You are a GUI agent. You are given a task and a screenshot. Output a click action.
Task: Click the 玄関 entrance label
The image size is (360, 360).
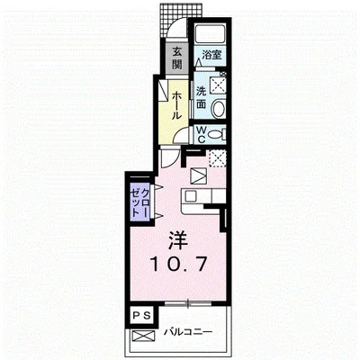click(x=177, y=58)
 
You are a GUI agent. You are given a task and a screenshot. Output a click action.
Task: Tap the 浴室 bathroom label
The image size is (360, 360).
click(x=211, y=55)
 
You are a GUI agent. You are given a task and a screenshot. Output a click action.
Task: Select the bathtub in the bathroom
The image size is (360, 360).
click(x=210, y=33)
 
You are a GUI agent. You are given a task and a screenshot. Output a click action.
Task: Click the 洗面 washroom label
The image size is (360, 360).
click(x=202, y=97)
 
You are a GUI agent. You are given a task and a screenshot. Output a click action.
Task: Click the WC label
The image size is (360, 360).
click(x=201, y=134)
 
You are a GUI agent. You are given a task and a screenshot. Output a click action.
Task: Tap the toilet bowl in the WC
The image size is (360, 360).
click(x=216, y=134)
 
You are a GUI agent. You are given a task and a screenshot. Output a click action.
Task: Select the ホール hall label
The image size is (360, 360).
click(x=176, y=105)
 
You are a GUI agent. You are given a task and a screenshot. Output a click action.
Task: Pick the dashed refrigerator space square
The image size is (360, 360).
click(x=217, y=158)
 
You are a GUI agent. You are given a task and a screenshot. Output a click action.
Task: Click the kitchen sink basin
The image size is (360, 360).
click(x=190, y=196)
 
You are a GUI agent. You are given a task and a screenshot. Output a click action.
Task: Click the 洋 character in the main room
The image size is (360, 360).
click(x=177, y=240)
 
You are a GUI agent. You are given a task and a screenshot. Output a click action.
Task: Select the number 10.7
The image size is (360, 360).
click(x=179, y=265)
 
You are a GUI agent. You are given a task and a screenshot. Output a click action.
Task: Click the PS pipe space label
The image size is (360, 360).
click(x=141, y=315)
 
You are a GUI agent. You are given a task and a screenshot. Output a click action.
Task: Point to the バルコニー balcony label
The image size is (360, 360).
click(x=188, y=332)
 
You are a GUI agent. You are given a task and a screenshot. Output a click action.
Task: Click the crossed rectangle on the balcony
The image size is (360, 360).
click(x=143, y=336)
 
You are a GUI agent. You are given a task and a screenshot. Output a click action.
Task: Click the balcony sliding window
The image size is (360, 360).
click(x=188, y=303)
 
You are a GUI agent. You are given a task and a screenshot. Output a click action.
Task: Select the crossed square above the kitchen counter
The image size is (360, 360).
click(x=198, y=175)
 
